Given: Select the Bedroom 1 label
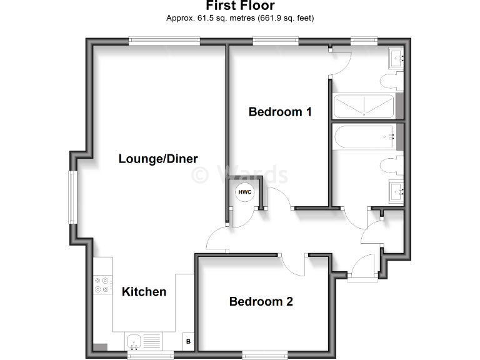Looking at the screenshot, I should tap(280, 112).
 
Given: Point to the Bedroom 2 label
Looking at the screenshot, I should tap(261, 302).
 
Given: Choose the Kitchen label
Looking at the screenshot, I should tap(144, 292).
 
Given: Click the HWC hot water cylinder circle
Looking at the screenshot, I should tap(244, 192).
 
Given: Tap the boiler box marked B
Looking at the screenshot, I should tap(187, 342).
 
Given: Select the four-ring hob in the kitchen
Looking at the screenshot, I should tap(102, 285).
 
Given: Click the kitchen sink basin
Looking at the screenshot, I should tap(134, 341).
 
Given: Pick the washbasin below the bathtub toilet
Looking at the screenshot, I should tap(396, 191).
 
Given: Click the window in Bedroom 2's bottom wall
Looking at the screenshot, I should tap(265, 355).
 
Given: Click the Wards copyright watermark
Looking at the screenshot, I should tap(240, 174).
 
